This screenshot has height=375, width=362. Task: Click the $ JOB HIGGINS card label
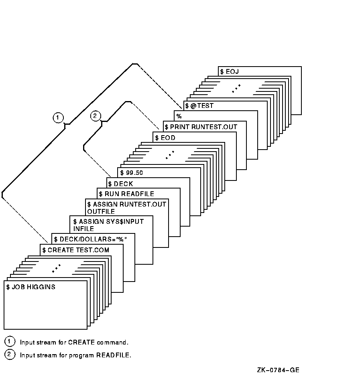coord(31,287)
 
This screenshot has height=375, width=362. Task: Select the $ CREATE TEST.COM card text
coord(76,250)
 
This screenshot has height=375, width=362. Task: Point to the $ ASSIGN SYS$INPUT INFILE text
coord(108,225)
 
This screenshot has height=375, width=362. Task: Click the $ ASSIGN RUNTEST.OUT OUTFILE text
coord(126,208)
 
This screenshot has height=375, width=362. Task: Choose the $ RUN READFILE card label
coord(126,194)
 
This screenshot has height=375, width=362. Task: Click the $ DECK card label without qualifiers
coord(121,184)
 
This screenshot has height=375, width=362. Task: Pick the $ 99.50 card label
coord(132,173)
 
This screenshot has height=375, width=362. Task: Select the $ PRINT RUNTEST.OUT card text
coord(201,127)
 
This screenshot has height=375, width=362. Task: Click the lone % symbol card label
coord(179,116)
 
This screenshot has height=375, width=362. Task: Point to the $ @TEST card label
coord(199,106)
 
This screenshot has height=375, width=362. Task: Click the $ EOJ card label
coord(229,72)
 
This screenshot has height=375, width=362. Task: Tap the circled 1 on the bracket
coord(58,118)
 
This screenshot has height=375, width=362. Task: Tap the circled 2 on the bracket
coord(95,116)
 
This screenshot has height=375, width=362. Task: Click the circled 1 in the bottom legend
coord(9,342)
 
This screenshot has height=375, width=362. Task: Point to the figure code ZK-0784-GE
coord(278,370)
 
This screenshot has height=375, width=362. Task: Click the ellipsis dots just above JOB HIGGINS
coord(56,268)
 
